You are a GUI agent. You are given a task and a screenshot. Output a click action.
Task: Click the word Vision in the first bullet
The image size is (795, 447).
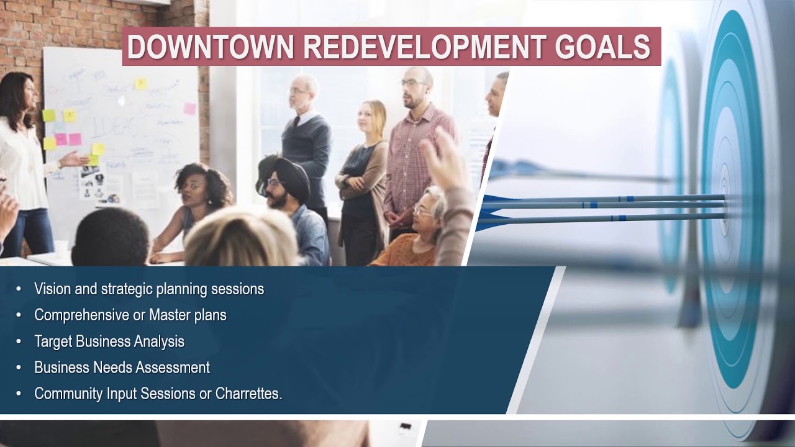coord(51,289)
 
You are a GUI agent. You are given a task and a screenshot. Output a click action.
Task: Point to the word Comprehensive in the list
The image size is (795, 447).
coord(81,315)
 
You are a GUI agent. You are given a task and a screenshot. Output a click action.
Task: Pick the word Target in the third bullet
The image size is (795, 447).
coord(53,341)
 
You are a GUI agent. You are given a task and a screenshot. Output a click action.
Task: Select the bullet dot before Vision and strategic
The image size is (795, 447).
coord(19,289)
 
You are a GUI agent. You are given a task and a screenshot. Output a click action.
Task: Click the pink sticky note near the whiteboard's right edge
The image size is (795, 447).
coord(189,109)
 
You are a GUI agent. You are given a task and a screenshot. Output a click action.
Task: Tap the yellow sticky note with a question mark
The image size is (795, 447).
coord(140,83)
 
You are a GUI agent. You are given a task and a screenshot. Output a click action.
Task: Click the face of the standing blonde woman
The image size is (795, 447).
coord(372,117)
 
